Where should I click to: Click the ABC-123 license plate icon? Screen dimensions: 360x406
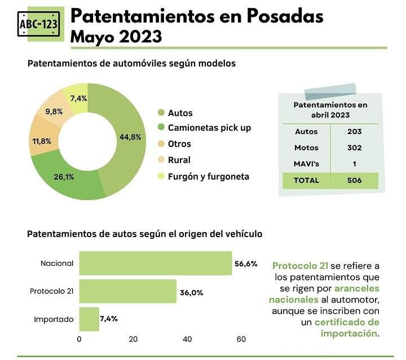pos(41,24)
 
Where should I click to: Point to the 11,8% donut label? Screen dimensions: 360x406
pos(41,141)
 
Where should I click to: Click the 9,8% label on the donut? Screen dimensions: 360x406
pos(54,111)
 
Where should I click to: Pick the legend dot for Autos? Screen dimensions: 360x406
pos(161,113)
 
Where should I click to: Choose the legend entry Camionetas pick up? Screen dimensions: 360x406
pos(209,128)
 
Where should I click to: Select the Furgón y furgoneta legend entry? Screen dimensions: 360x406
pos(208,176)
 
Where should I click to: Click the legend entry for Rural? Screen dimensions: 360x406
pos(179,160)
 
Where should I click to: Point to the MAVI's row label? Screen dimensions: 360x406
pos(307,164)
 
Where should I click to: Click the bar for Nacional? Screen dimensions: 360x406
pos(155,263)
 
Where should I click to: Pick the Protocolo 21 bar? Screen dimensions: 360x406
pos(128,291)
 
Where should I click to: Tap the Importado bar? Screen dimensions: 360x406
pos(89,319)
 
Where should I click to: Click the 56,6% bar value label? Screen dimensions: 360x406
pos(246,263)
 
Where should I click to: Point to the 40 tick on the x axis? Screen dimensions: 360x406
pos(187,339)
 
